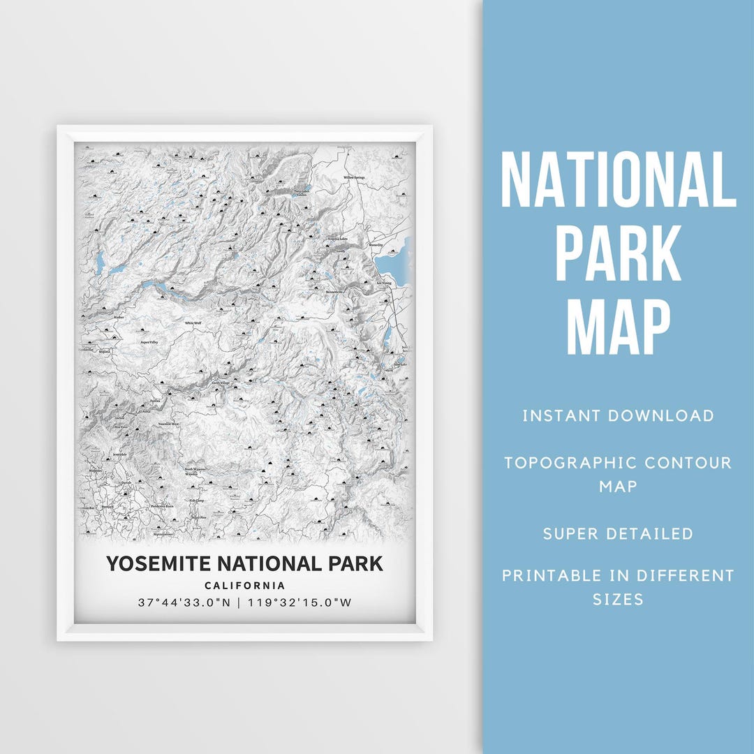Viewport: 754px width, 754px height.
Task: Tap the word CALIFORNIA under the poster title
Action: (244, 586)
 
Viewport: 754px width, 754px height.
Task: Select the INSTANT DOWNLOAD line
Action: (618, 416)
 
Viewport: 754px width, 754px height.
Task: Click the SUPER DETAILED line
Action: (618, 534)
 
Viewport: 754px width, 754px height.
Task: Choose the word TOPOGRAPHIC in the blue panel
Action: (570, 463)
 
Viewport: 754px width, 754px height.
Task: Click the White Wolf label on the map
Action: (193, 323)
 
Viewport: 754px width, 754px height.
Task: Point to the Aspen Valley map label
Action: (149, 343)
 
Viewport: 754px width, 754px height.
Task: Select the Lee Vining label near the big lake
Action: (384, 283)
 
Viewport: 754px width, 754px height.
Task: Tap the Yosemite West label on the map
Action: (168, 424)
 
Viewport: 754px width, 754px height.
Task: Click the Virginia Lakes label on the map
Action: (337, 239)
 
